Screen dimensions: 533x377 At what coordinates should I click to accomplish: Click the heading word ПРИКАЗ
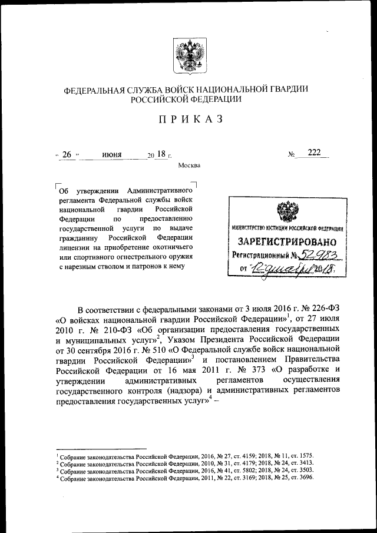tap(188, 120)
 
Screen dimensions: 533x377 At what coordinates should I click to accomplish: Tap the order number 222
tap(313, 153)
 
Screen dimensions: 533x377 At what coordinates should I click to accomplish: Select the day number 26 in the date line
tap(67, 154)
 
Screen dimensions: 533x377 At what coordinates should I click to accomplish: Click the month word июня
tap(111, 155)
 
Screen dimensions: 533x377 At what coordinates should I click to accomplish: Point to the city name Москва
tap(188, 165)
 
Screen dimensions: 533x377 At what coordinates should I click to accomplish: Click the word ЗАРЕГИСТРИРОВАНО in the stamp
tap(287, 241)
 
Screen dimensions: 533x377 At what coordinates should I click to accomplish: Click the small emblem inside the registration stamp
tap(287, 210)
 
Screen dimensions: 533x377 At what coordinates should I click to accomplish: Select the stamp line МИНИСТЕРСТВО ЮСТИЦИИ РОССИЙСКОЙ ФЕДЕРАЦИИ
tap(287, 227)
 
